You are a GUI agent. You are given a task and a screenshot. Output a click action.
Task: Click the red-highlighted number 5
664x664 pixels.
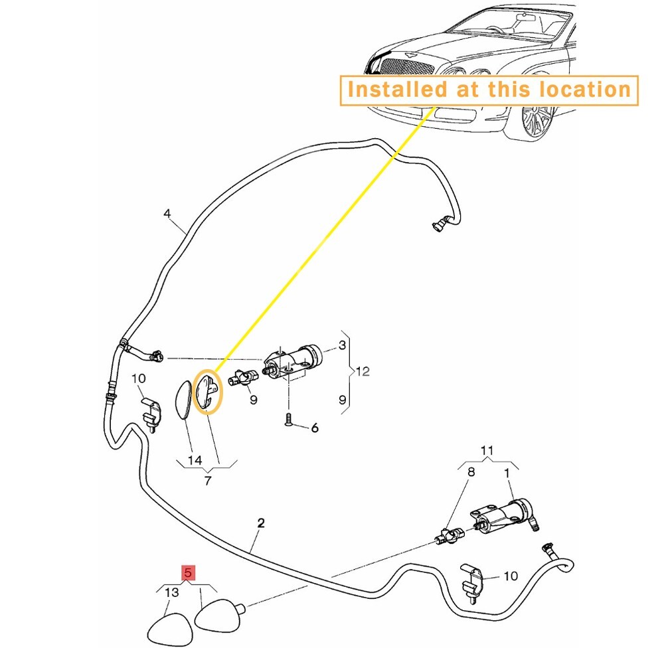pyautogui.click(x=188, y=573)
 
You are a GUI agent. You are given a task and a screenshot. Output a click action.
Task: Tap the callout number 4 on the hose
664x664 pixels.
pyautogui.click(x=167, y=213)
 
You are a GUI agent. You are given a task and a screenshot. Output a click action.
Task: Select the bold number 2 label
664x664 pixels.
pyautogui.click(x=261, y=523)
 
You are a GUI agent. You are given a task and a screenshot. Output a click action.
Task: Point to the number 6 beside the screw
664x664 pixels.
pyautogui.click(x=315, y=428)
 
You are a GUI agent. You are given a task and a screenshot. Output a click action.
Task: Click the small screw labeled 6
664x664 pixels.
pyautogui.click(x=289, y=419)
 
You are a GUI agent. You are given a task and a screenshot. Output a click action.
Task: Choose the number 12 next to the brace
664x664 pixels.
pyautogui.click(x=363, y=371)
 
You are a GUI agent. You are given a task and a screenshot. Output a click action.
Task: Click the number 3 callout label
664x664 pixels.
pyautogui.click(x=342, y=345)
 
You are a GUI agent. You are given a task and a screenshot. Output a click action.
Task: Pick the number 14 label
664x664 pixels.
pyautogui.click(x=195, y=460)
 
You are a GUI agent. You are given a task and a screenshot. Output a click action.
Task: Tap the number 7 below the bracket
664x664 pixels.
pyautogui.click(x=207, y=481)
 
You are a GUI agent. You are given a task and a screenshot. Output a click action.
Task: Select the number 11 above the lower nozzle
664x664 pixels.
pyautogui.click(x=487, y=450)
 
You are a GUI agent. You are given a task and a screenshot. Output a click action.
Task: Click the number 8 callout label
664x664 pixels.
pyautogui.click(x=471, y=471)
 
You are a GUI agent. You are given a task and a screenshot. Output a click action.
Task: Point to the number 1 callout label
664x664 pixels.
pyautogui.click(x=507, y=473)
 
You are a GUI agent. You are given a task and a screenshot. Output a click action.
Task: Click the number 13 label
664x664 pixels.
pyautogui.click(x=172, y=592)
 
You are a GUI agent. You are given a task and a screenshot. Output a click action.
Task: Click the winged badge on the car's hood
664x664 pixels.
pyautogui.click(x=410, y=54)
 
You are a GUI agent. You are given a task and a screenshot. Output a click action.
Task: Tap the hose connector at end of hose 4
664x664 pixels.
pyautogui.click(x=438, y=224)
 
